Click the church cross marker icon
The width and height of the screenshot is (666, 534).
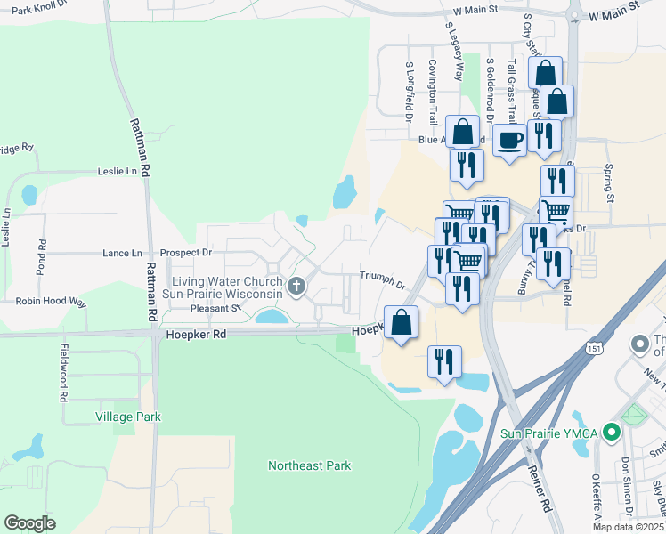click(296, 287)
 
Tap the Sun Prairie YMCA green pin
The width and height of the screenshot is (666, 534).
click(611, 433)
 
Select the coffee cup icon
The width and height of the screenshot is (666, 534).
click(509, 140)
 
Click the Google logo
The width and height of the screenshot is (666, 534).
click(29, 522)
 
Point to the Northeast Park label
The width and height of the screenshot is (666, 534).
click(310, 465)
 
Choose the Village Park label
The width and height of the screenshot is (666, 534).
click(128, 416)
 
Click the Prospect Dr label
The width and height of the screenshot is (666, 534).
click(181, 253)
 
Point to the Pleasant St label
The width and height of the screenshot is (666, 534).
click(216, 309)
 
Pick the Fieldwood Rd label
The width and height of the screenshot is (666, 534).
click(64, 373)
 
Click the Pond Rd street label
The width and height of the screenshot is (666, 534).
click(42, 256)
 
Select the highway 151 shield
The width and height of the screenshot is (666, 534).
click(593, 350)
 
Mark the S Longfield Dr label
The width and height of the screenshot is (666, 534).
click(410, 92)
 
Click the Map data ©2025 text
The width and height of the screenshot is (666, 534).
click(629, 527)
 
